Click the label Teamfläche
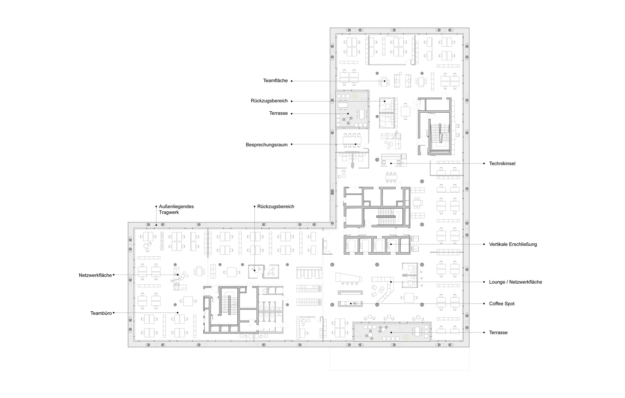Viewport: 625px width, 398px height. click(275, 80)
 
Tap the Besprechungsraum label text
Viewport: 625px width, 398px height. click(267, 145)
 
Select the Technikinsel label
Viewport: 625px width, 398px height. click(502, 163)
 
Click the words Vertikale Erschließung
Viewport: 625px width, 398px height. click(513, 244)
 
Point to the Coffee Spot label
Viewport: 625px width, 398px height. click(502, 304)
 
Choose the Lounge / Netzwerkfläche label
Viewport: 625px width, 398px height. click(516, 282)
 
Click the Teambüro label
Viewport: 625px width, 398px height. click(101, 313)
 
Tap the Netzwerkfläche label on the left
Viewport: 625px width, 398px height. click(95, 275)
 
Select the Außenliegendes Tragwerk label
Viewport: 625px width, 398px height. click(176, 209)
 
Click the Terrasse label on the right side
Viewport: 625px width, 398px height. click(498, 333)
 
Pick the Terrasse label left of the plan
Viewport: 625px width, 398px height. click(278, 113)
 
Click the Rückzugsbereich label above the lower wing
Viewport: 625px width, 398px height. click(275, 206)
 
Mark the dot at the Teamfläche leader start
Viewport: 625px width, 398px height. click(292, 81)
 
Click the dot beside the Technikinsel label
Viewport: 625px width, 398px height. click(485, 163)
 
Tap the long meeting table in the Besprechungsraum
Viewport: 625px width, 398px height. click(352, 140)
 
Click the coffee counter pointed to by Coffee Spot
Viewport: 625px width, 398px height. click(351, 304)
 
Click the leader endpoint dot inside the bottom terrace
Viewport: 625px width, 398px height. click(391, 333)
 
